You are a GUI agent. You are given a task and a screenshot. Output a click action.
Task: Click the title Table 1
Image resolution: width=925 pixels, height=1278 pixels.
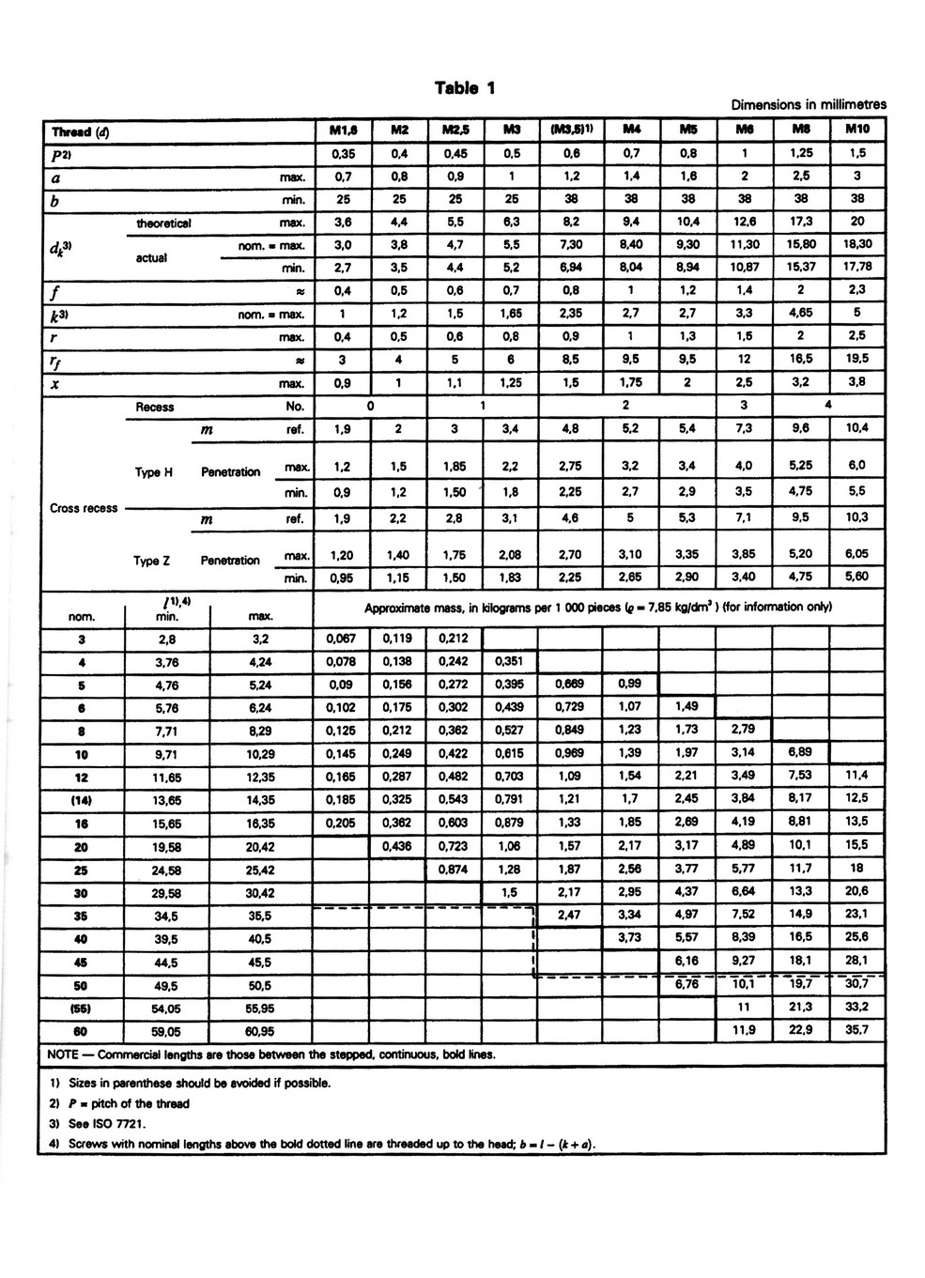(465, 88)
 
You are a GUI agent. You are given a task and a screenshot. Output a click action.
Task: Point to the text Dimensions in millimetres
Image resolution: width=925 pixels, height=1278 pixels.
(809, 105)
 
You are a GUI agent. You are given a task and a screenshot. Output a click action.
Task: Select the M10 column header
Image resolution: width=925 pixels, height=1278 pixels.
(856, 130)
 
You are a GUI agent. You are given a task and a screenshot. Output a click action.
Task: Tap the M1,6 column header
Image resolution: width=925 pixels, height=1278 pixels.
(343, 130)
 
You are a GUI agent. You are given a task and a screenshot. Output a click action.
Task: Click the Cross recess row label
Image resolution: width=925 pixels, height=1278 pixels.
(84, 508)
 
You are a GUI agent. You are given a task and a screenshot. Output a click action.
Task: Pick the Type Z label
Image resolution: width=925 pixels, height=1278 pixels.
(151, 561)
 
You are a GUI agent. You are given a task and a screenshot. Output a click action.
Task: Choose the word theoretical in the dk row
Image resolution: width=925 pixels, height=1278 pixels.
(163, 223)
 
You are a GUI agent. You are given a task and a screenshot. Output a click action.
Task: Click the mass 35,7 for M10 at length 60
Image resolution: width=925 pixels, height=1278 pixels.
(856, 1029)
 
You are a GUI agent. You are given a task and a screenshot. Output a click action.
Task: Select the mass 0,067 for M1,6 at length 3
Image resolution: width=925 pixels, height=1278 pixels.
(342, 639)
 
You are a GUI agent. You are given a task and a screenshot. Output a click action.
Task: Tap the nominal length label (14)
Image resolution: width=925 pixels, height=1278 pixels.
(82, 799)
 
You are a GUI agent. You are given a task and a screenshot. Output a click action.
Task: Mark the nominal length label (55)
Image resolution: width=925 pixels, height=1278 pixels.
(82, 1007)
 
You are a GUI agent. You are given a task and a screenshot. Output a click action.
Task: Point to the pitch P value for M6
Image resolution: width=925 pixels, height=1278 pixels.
(745, 153)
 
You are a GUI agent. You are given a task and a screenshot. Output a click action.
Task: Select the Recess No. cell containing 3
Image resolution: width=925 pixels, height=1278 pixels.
(745, 406)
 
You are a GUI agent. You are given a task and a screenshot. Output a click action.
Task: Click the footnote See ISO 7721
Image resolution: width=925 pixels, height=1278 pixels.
(103, 1123)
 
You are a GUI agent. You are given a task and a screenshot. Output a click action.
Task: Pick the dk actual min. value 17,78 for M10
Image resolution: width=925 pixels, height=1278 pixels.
(856, 267)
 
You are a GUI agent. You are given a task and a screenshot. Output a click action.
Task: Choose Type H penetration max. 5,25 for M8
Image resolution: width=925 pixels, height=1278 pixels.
(801, 465)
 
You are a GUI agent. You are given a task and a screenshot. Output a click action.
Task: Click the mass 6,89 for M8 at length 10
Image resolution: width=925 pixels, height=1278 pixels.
(800, 752)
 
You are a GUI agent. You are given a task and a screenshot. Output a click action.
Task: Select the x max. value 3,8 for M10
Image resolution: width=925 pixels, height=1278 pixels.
(856, 382)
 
